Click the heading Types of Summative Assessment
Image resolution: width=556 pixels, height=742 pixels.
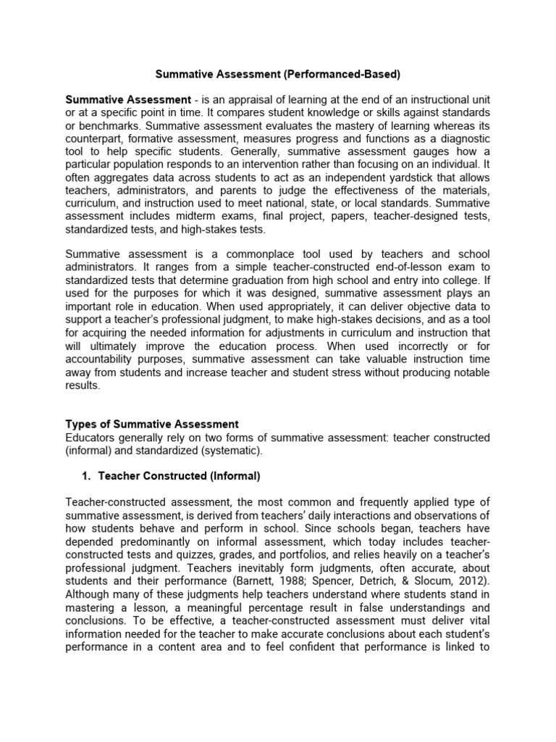152,424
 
